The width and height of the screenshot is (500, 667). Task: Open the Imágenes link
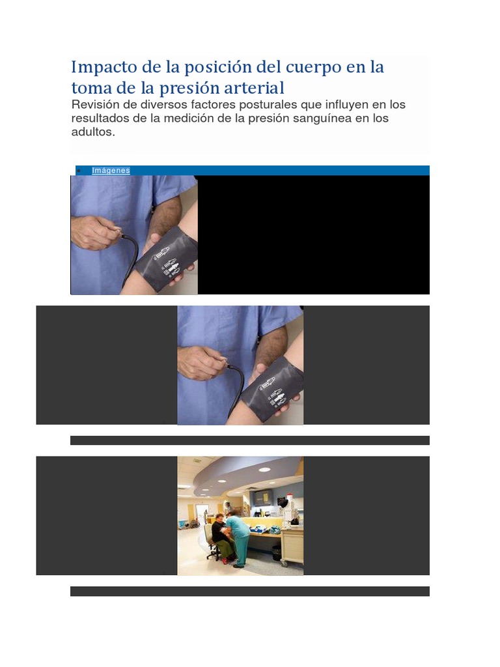click(111, 171)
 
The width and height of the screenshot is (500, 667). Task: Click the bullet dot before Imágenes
click(79, 171)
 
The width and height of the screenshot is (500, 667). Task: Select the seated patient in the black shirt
click(219, 531)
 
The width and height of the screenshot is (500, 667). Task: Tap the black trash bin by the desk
click(277, 553)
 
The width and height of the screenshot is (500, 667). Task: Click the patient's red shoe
click(225, 560)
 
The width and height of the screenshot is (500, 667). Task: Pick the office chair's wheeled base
click(212, 556)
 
